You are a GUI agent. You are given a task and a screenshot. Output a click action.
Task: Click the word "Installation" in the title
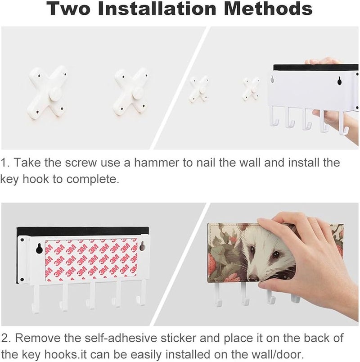coord(157,8)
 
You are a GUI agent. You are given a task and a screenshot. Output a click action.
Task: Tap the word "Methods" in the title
coord(268,8)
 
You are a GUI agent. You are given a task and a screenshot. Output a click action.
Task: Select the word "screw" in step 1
coord(81,163)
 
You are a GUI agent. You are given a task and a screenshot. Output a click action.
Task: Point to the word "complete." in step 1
coord(93,180)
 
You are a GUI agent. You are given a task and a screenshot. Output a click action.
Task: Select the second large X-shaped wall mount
coord(131,93)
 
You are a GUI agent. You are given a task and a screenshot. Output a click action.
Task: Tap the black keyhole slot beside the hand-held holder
coord(339,80)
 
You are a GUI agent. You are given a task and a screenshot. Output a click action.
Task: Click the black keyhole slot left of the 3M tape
coord(39,248)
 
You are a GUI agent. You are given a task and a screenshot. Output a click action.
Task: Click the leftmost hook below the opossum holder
coord(218,294)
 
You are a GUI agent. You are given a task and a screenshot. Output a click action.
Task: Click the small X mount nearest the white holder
coord(252,89)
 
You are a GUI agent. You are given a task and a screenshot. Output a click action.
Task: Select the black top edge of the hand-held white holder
coord(316,67)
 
